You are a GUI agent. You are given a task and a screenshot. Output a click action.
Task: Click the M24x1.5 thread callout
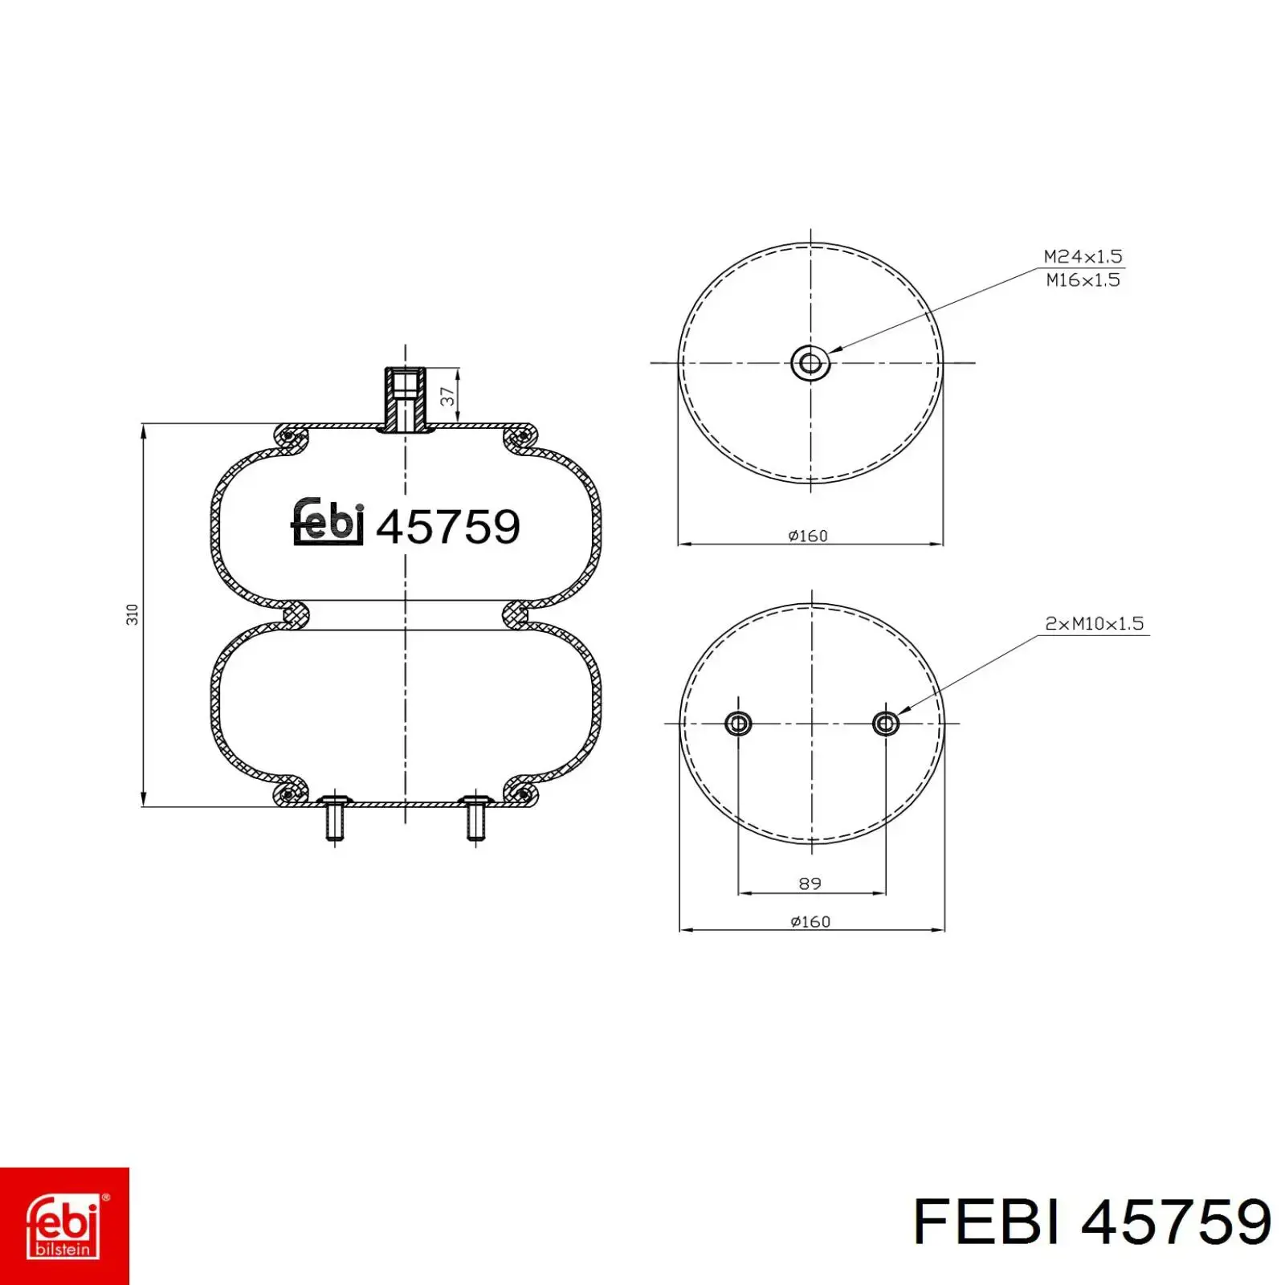[1083, 257]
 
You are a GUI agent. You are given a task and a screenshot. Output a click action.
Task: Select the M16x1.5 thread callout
[1083, 280]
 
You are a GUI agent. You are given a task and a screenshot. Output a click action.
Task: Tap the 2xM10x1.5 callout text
[1094, 623]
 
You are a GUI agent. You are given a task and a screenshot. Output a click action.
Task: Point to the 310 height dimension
[133, 614]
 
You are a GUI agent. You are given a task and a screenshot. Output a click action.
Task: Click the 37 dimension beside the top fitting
[447, 395]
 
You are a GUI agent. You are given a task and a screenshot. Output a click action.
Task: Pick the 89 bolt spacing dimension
[810, 883]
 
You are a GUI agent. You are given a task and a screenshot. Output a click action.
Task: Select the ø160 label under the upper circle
[808, 536]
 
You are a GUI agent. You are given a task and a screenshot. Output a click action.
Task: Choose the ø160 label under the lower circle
[810, 922]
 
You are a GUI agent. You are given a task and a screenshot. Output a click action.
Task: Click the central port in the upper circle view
[810, 363]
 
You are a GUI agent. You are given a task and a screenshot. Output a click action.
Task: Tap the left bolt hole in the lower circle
[738, 724]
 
